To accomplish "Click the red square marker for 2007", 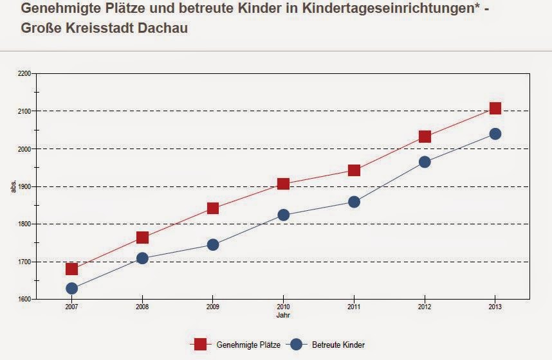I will tap(71, 269).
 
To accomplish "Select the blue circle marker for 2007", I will tap(71, 289).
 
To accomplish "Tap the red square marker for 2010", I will tap(283, 184).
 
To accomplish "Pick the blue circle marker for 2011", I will tap(354, 202).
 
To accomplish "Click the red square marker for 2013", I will tap(495, 108).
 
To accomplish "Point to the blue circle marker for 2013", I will tap(495, 134).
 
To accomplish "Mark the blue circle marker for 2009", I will tap(213, 245).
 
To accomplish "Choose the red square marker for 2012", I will tap(425, 136).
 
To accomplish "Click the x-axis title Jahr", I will tap(283, 316).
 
